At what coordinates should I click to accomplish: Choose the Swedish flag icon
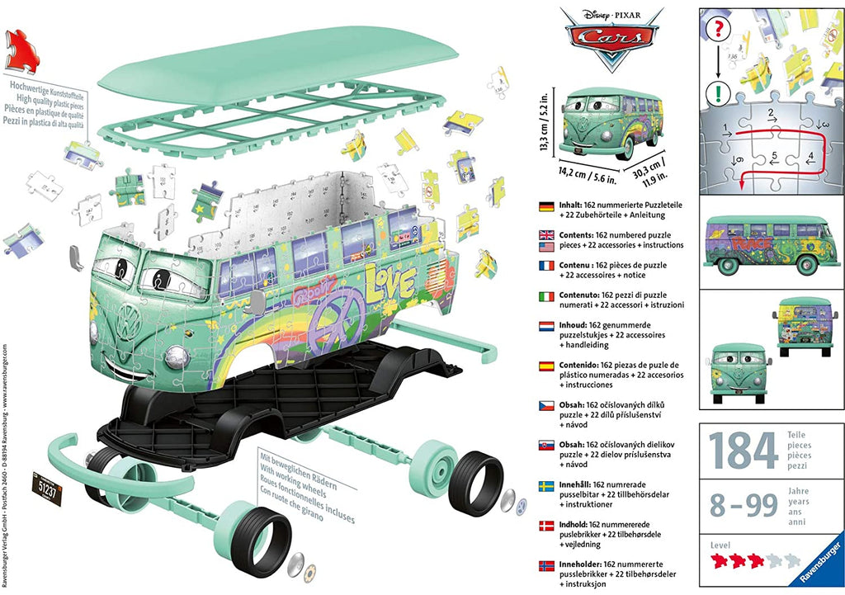pos(545,485)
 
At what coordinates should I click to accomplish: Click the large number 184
pos(742,450)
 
